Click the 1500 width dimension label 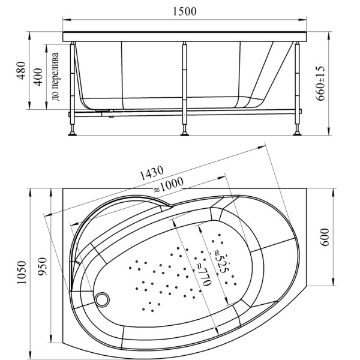[185, 11]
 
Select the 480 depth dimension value [21, 70]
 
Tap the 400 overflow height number [38, 77]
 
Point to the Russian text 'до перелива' [56, 77]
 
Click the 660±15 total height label [320, 83]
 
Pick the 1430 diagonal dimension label [152, 173]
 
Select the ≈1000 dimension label [168, 185]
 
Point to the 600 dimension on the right [325, 237]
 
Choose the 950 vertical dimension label [42, 266]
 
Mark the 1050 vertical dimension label [22, 272]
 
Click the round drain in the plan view [103, 299]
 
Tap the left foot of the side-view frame [73, 133]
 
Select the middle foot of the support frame [185, 133]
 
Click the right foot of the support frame [298, 133]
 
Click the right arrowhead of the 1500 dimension [302, 20]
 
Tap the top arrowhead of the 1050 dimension [30, 193]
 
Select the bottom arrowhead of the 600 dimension [334, 282]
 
